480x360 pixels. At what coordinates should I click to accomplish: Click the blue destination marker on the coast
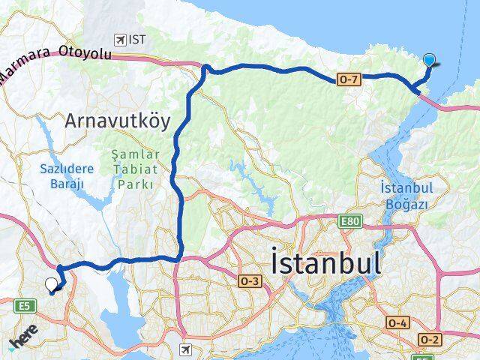(x=429, y=61)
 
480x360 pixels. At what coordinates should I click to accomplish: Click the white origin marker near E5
(x=51, y=284)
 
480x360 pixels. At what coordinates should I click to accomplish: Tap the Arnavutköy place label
(x=117, y=120)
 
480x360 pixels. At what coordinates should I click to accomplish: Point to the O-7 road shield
(x=349, y=79)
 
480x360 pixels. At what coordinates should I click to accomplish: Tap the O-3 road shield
(x=250, y=280)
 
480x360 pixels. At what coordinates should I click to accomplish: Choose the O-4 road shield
(x=398, y=322)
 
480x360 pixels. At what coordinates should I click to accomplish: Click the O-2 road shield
(x=430, y=340)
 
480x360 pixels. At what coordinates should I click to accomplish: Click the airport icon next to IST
(x=119, y=38)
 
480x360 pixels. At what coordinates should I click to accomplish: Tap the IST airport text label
(x=137, y=39)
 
